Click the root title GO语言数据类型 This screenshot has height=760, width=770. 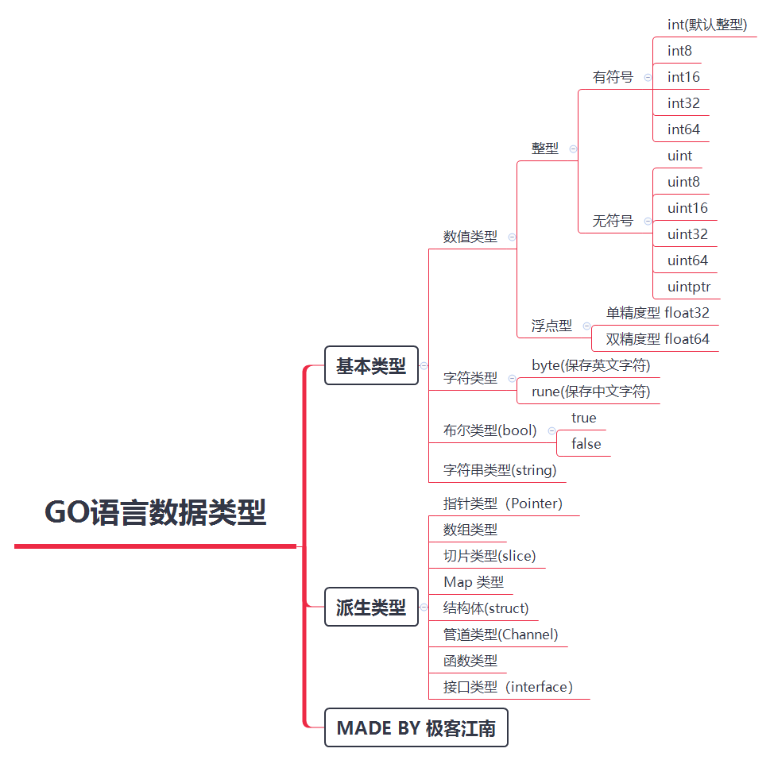(x=155, y=512)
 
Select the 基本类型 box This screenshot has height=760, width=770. (x=371, y=366)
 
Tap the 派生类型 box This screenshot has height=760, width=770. (x=371, y=608)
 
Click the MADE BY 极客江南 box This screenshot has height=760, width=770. (x=416, y=728)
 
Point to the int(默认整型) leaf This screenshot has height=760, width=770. (x=706, y=25)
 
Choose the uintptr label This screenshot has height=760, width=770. (x=689, y=287)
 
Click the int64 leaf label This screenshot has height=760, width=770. (x=683, y=129)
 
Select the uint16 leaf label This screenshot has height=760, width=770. (x=687, y=208)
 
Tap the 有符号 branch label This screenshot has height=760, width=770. (x=613, y=77)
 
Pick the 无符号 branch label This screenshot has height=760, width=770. (x=613, y=221)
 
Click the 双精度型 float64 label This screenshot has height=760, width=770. (x=657, y=339)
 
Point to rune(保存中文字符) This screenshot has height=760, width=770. (x=590, y=392)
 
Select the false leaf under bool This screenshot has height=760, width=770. (x=586, y=444)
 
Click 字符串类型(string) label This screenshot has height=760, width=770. (x=499, y=470)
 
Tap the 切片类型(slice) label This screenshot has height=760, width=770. (x=489, y=556)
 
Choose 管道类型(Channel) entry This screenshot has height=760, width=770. (x=500, y=635)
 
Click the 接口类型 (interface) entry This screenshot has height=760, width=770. (x=508, y=687)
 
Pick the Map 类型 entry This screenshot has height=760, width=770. (x=473, y=582)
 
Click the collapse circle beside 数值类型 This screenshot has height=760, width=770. (x=512, y=237)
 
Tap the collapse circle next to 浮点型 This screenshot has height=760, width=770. (x=586, y=326)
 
